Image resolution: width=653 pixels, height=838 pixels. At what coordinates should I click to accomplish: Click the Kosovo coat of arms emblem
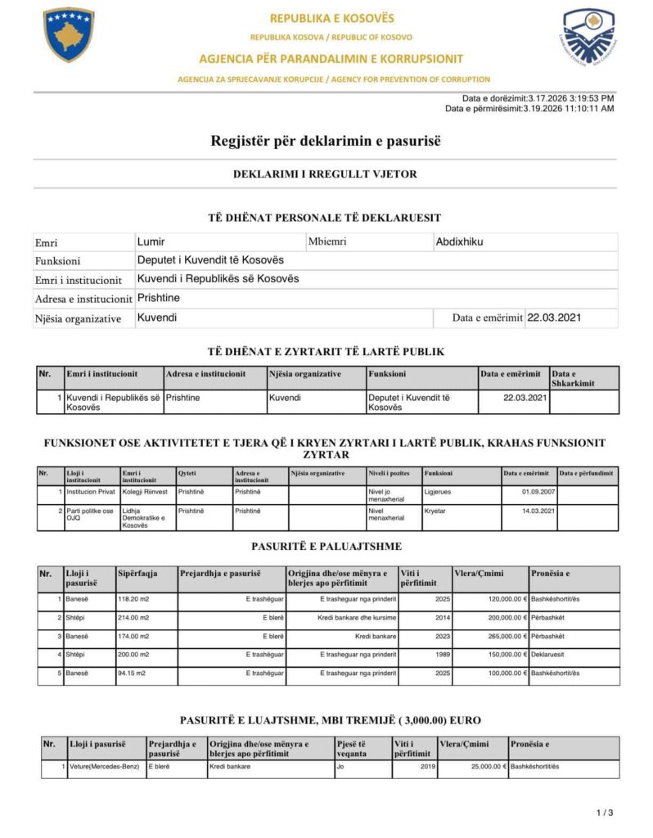pyautogui.click(x=69, y=35)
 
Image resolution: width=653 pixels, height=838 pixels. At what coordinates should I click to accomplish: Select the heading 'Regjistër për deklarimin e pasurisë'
pyautogui.click(x=326, y=141)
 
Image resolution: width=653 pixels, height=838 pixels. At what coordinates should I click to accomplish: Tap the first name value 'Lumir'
pyautogui.click(x=151, y=241)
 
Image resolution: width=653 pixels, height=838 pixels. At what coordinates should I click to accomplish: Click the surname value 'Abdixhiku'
pyautogui.click(x=459, y=241)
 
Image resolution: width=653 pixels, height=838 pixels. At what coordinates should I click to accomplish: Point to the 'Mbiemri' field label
pyautogui.click(x=327, y=241)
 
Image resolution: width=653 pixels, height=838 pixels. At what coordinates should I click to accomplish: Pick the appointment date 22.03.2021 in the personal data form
pyautogui.click(x=554, y=318)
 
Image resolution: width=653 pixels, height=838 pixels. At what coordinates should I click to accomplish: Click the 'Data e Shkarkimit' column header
pyautogui.click(x=573, y=378)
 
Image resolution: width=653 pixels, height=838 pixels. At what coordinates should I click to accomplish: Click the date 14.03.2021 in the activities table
pyautogui.click(x=528, y=511)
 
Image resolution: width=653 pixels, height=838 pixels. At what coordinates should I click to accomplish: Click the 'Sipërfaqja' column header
pyautogui.click(x=137, y=573)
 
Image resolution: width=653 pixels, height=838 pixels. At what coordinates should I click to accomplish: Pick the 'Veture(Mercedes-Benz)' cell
pyautogui.click(x=105, y=767)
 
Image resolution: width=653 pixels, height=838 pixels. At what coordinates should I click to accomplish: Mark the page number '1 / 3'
pyautogui.click(x=604, y=813)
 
